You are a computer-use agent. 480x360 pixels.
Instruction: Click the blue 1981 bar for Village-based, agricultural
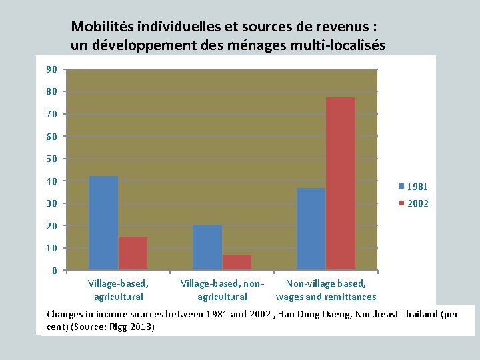tap(103, 223)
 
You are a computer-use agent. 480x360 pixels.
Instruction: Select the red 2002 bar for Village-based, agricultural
tap(133, 253)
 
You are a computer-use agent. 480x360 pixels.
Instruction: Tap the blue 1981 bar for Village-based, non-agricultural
tap(207, 247)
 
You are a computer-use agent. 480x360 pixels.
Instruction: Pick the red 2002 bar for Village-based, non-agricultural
tap(237, 262)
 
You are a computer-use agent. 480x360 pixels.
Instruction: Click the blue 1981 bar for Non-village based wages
tap(311, 229)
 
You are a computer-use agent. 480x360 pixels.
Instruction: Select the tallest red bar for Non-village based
tap(341, 183)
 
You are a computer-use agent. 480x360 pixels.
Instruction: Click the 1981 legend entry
tap(413, 187)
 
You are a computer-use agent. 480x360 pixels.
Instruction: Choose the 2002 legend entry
tap(413, 203)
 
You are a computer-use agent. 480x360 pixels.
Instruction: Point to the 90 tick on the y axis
tap(51, 69)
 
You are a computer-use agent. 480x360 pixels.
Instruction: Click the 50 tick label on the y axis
tap(51, 159)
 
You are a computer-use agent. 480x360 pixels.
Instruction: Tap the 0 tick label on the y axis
tap(54, 271)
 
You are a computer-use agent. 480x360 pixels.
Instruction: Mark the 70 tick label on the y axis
tap(51, 114)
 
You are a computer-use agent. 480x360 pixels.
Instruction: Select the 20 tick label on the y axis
tap(51, 226)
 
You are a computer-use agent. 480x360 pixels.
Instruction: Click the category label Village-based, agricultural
tap(119, 290)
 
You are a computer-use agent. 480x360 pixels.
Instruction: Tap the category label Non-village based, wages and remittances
tap(326, 290)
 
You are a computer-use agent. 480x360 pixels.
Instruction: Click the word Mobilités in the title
tap(102, 27)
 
